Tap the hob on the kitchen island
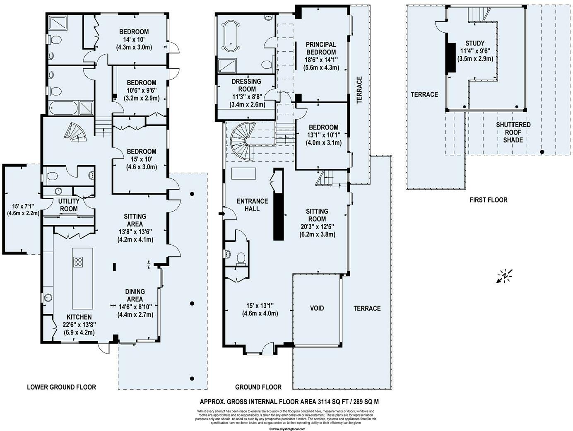click(x=78, y=262)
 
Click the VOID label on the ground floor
click(x=317, y=308)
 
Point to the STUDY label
click(x=474, y=43)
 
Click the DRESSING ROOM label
click(x=247, y=85)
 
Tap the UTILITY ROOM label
click(x=69, y=205)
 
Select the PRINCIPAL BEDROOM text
click(x=321, y=48)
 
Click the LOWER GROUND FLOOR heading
click(x=61, y=387)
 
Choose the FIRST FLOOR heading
click(x=488, y=200)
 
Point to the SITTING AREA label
click(x=135, y=220)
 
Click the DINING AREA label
click(x=135, y=295)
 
